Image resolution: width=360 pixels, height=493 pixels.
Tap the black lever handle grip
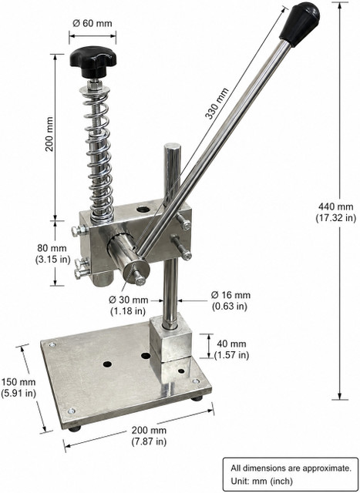click(300, 23)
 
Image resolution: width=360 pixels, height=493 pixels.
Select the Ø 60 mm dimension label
click(93, 23)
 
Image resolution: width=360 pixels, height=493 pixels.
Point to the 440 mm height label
click(336, 213)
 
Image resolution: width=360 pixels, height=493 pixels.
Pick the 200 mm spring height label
click(49, 134)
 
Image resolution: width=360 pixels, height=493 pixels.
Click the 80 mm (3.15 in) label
click(52, 253)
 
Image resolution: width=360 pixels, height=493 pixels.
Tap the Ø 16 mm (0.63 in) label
click(230, 300)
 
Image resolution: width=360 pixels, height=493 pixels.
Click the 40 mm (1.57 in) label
click(231, 349)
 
